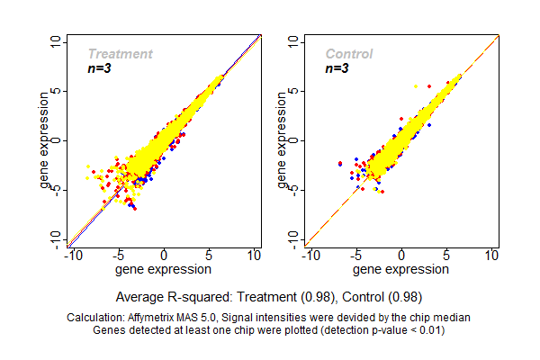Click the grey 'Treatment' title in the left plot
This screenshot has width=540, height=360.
120,54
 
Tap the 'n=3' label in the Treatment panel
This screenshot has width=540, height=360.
101,68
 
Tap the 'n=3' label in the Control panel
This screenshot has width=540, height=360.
337,68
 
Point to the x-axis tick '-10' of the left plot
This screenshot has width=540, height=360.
70,256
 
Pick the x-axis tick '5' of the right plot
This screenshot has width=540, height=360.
448,256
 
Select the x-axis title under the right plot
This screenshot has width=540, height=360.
401,269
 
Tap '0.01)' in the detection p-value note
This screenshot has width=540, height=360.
429,329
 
